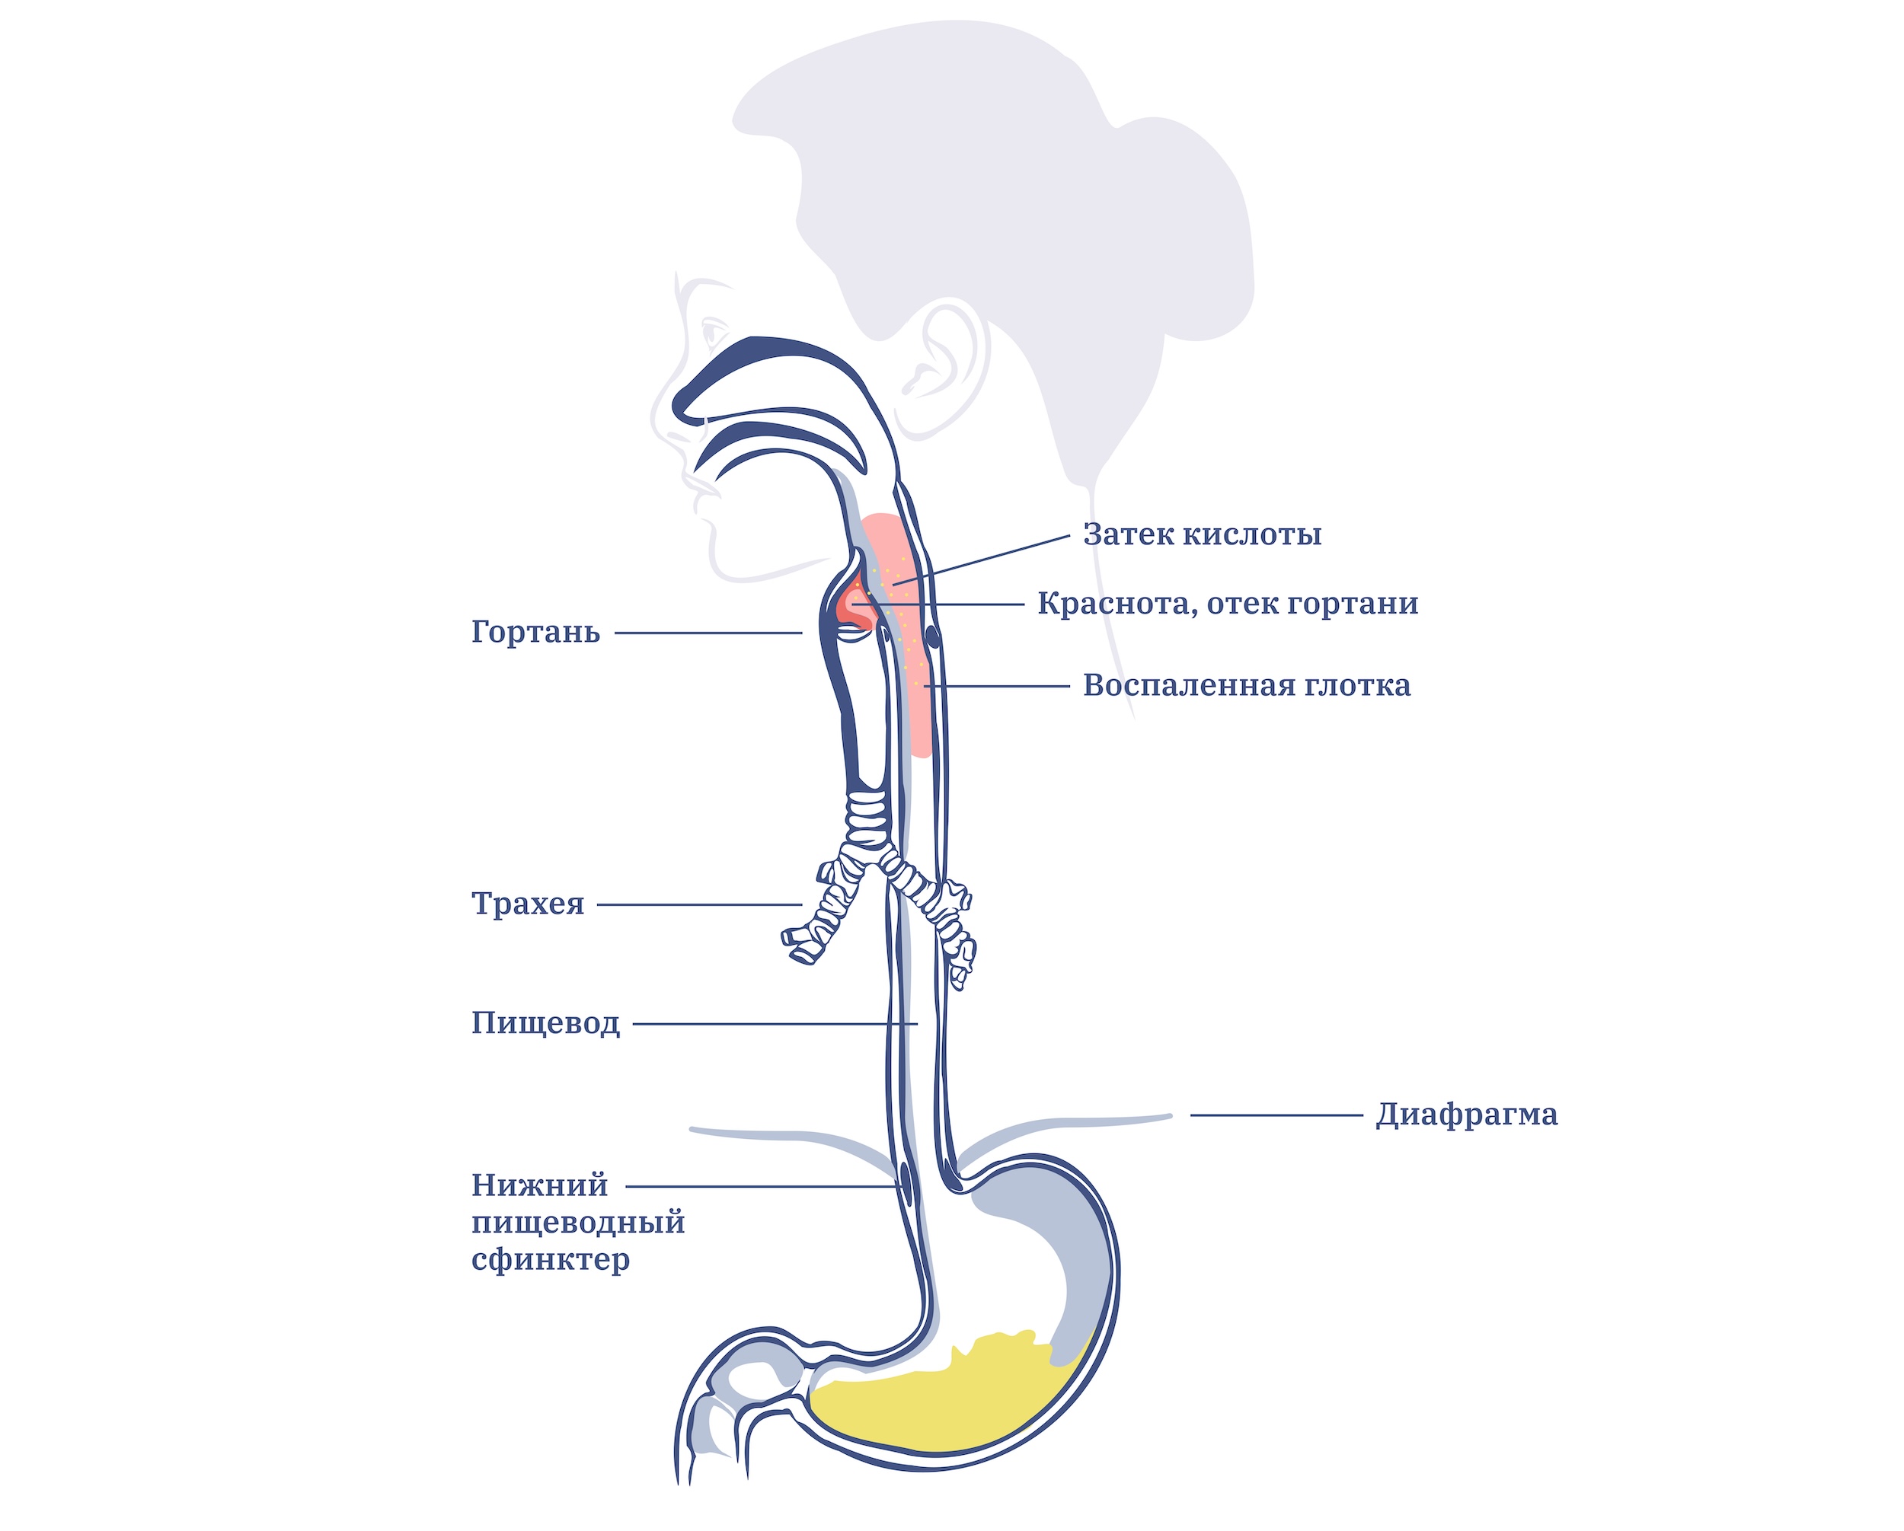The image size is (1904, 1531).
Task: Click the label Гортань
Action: click(x=535, y=632)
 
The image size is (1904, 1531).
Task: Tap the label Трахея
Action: click(x=527, y=904)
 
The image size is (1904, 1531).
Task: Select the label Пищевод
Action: click(x=546, y=1023)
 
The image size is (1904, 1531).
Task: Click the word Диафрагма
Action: click(x=1467, y=1115)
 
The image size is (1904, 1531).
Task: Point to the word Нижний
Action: click(x=539, y=1185)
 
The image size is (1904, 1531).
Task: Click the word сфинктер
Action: click(x=550, y=1260)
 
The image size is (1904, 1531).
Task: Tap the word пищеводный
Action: click(x=579, y=1223)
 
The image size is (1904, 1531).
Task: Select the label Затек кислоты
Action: click(x=1202, y=534)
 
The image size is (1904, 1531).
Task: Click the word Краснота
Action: click(x=1113, y=604)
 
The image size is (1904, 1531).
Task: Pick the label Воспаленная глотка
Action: click(x=1247, y=685)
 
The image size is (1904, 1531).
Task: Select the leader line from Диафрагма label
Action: click(x=1276, y=1115)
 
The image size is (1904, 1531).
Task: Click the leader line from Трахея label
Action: click(x=699, y=904)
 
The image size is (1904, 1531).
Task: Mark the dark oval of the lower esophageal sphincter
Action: click(x=906, y=1177)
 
